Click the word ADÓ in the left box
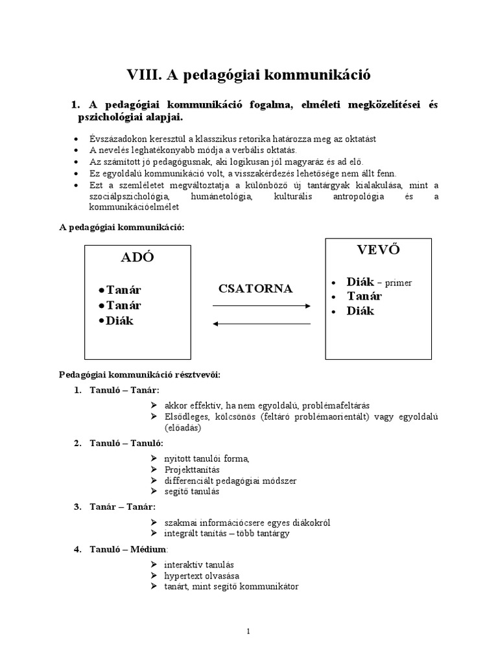(x=137, y=257)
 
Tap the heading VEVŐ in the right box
(x=376, y=250)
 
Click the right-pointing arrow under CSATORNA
(x=262, y=305)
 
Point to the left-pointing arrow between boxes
(x=262, y=324)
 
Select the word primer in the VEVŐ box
(x=398, y=283)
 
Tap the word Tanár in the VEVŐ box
(x=364, y=296)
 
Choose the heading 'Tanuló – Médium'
(x=127, y=550)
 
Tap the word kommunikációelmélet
(x=139, y=207)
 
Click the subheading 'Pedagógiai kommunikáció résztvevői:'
(x=139, y=374)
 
